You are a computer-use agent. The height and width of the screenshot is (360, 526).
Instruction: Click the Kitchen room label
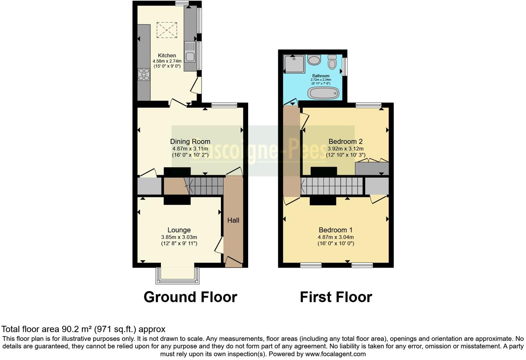coord(167,55)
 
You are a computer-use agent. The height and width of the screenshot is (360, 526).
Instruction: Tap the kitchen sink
coord(190,52)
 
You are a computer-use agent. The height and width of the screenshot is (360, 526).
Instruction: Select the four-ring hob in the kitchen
coord(144,74)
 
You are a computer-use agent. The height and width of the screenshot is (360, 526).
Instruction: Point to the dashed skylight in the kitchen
coord(167,30)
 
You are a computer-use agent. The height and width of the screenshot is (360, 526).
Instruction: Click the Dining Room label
coord(190,141)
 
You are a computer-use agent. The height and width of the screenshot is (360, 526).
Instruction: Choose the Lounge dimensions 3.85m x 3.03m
coord(179,237)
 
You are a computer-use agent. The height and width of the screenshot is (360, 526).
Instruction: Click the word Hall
coord(233,220)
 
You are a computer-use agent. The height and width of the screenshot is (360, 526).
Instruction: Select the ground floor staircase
coord(204,186)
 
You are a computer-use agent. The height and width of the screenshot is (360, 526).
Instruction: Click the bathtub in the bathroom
coord(323,93)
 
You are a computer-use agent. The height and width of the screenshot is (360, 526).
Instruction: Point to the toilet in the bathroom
coord(332,62)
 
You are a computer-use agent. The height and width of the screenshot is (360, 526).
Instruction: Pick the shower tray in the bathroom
coord(294,64)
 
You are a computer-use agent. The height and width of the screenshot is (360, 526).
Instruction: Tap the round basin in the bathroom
coord(314,60)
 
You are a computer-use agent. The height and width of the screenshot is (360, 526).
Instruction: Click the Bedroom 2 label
coord(345,141)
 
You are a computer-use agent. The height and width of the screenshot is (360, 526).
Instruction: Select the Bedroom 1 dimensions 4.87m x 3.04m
coord(336,237)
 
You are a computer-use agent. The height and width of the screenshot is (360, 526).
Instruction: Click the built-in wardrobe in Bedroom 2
coord(372,169)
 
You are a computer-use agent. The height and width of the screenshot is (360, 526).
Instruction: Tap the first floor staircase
coord(332,186)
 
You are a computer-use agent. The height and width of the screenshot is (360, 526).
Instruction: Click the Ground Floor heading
coord(190,297)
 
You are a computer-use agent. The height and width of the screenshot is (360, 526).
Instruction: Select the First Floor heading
coord(336,297)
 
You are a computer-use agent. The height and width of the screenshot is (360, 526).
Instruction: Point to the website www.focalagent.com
coord(335,354)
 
